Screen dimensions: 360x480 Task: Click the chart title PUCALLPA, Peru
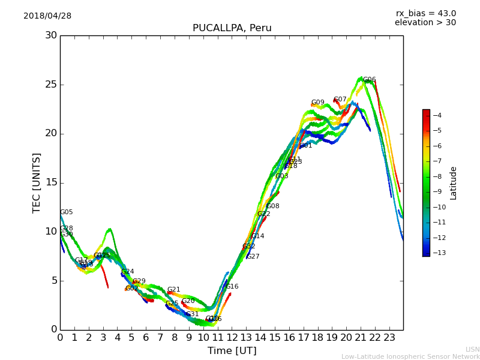(232, 28)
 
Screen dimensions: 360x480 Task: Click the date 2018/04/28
(47, 16)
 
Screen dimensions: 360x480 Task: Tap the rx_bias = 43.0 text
(425, 13)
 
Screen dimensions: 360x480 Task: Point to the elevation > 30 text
(425, 23)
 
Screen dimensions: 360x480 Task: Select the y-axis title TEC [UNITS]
(37, 182)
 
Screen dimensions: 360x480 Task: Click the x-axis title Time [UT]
(232, 351)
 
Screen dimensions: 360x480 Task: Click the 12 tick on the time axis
(232, 338)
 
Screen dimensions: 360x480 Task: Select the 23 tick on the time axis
(389, 338)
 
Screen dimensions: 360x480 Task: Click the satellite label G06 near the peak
(370, 80)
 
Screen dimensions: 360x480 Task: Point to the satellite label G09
(317, 103)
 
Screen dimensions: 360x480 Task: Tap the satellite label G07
(340, 100)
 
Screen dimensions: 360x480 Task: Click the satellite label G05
(67, 212)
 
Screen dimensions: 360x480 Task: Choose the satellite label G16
(232, 287)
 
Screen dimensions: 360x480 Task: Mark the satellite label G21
(174, 290)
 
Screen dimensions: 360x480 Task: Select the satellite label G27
(253, 257)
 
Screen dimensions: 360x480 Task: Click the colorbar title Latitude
(454, 182)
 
